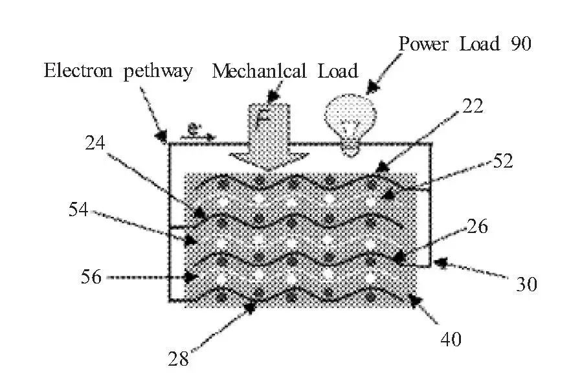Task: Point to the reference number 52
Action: pyautogui.click(x=502, y=161)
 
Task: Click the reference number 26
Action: pyautogui.click(x=475, y=227)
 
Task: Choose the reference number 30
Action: pyautogui.click(x=526, y=283)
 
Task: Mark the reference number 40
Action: pyautogui.click(x=451, y=339)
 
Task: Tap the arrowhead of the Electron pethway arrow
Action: pyautogui.click(x=161, y=137)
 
